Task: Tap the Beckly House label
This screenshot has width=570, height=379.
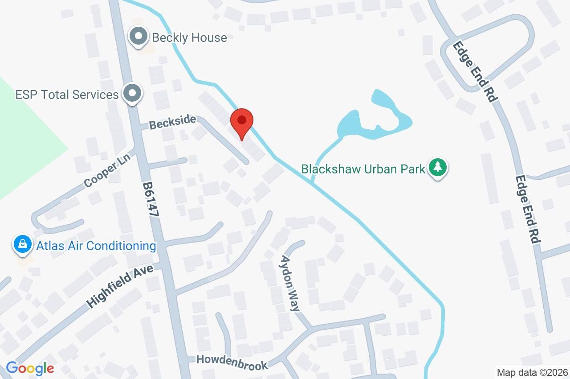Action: pos(189,37)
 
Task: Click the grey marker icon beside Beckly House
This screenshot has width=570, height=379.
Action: pos(138,37)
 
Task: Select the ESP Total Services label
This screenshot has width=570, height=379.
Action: pos(67,95)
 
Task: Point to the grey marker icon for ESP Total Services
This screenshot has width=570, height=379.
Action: pos(132,94)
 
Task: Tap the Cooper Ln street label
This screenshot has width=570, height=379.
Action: pos(105,173)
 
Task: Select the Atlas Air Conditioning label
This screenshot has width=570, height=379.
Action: pos(96,246)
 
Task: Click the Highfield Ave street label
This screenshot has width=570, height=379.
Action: pos(119,285)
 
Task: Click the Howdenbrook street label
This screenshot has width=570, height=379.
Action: pos(232,362)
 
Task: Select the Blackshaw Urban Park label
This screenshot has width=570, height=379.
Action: pos(363,169)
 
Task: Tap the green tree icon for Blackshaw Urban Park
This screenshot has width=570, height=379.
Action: pos(438,168)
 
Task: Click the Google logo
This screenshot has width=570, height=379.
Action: pos(30,368)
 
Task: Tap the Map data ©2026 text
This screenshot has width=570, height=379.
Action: pos(533,372)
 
